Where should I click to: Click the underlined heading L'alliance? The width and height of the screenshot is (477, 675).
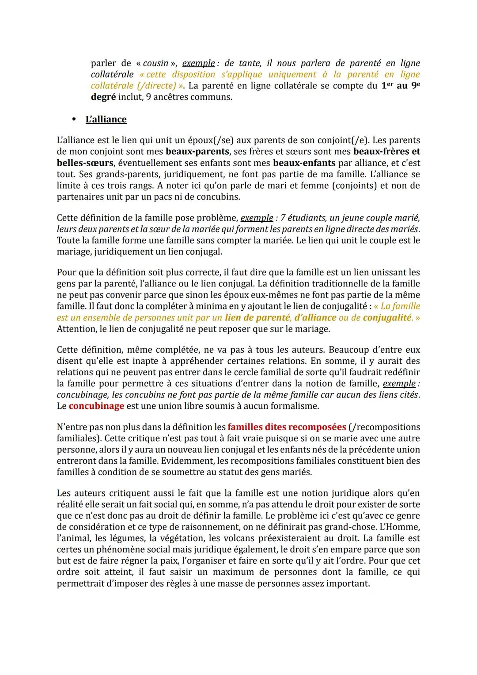point(106,119)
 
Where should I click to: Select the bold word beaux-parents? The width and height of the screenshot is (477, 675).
point(197,152)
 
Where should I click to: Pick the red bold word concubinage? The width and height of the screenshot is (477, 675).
point(96,406)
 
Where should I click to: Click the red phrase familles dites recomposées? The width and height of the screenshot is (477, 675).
point(287,427)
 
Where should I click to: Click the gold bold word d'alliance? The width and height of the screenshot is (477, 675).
point(315,318)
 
